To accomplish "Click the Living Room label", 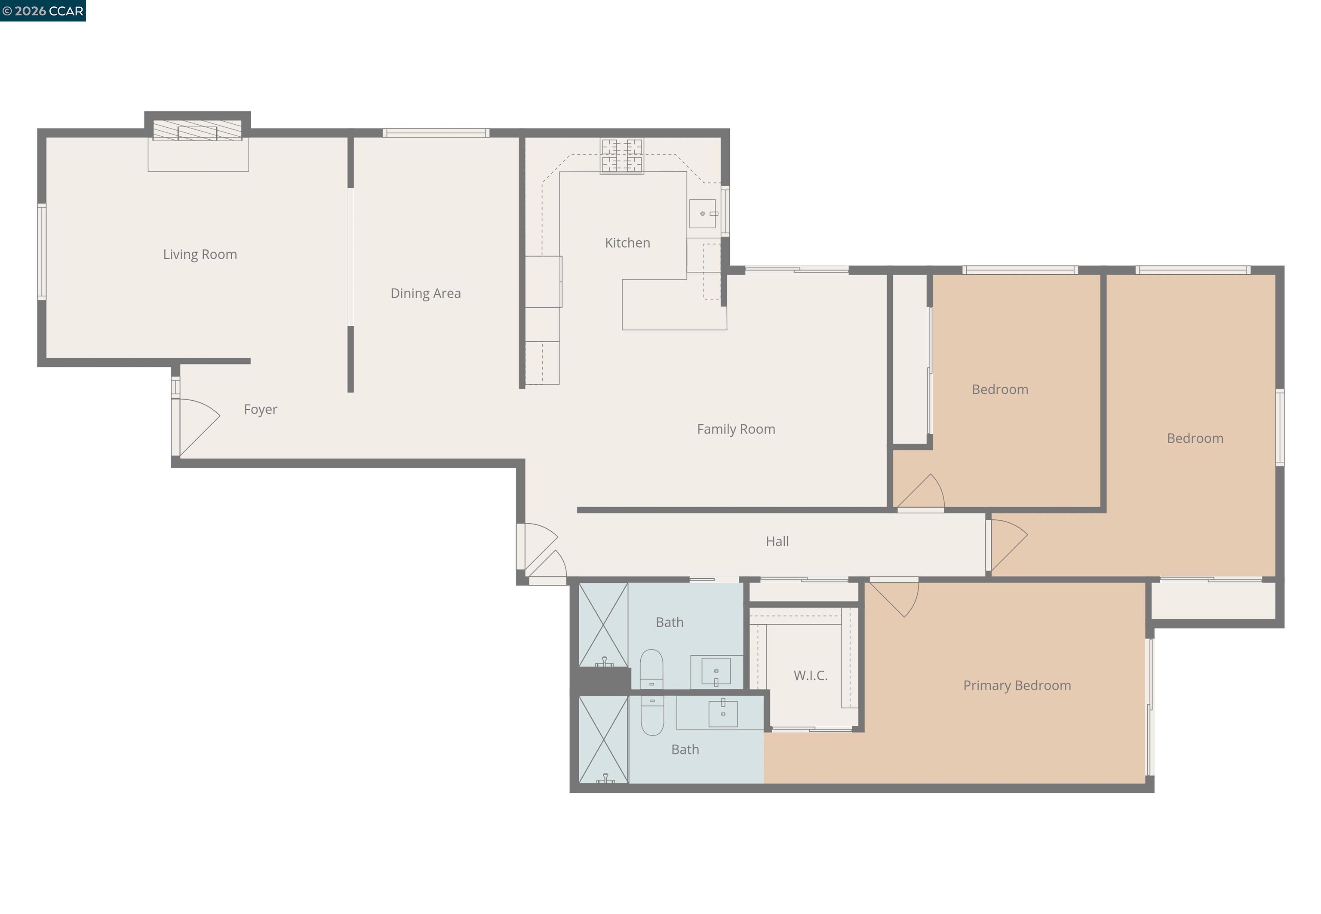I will [x=200, y=254].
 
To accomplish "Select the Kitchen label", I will [x=627, y=243].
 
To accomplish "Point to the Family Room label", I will [x=736, y=429].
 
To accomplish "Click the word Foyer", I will [x=260, y=409].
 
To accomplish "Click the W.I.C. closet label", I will [x=810, y=675].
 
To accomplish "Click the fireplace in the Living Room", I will [x=197, y=131].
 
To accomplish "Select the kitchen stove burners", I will [x=621, y=155].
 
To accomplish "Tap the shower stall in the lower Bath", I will [x=603, y=739].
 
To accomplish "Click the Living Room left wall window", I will [x=42, y=252].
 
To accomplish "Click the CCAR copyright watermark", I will [x=43, y=11].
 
